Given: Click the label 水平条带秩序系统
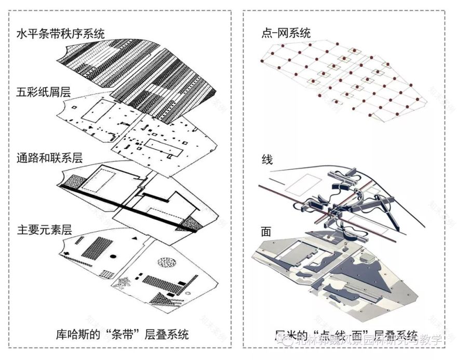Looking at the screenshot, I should coord(61,35).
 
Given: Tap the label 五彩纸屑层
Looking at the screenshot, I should coord(44,92).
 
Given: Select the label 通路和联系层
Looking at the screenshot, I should coord(50,157).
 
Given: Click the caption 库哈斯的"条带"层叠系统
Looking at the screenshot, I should coord(122,334).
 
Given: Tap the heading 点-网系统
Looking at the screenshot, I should coord(286,33).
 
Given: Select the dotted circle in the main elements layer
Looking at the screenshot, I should coord(170,262).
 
